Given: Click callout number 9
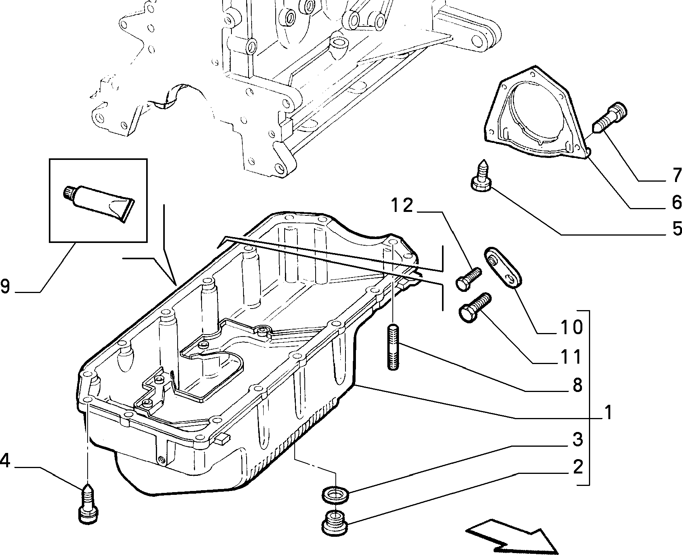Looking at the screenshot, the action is point(5,287).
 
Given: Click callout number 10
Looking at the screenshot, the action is point(571,327).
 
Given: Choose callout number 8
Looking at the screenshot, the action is point(577,385).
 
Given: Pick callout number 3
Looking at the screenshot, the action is point(577,439).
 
